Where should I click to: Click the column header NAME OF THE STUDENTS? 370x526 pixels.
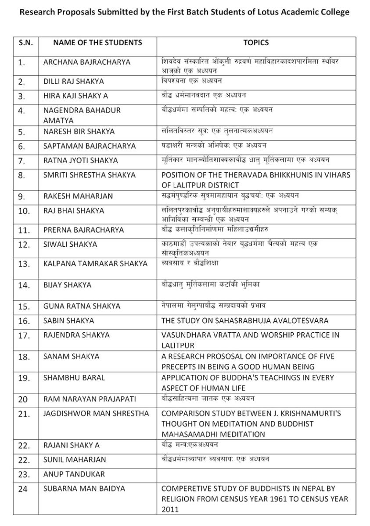pos(97,43)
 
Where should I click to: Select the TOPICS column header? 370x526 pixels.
pos(256,43)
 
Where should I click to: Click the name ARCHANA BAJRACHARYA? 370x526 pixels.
pos(86,62)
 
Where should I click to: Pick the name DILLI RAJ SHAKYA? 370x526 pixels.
pos(74,82)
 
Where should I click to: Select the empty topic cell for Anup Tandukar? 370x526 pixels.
pos(256,474)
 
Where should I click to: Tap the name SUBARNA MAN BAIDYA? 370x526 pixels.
pos(84,488)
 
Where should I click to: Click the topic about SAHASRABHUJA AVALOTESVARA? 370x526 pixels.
pos(244,321)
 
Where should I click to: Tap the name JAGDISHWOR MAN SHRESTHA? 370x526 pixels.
pos(96,413)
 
